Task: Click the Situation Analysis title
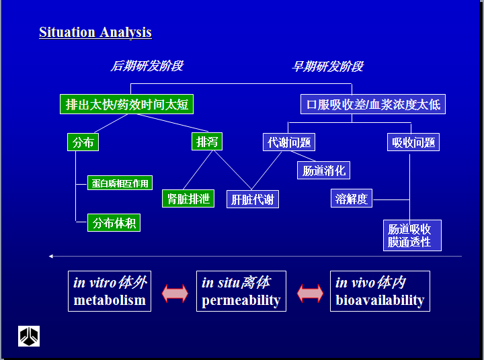coord(95,32)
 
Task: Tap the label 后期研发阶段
coord(147,66)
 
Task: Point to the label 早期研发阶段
coord(327,66)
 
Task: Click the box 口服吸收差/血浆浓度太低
coord(372,104)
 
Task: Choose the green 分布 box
coord(83,142)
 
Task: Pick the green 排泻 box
coord(206,142)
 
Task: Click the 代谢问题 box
coord(289,142)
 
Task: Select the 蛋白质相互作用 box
coord(120,183)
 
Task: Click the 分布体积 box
coord(114,223)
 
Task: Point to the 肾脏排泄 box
coord(188,199)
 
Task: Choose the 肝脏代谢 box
coord(252,199)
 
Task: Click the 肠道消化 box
coord(323,171)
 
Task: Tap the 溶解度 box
coord(352,199)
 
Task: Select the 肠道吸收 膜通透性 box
coord(413,235)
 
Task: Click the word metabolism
coord(110,300)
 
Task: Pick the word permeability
coord(241,300)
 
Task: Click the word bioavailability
coord(380,300)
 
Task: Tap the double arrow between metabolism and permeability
coord(174,294)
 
